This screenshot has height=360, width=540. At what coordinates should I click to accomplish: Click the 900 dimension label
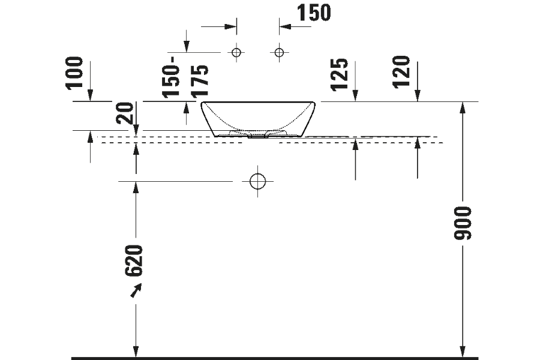(463, 223)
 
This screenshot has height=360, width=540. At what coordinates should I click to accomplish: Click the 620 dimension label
(134, 261)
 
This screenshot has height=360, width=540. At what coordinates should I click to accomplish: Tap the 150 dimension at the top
(314, 13)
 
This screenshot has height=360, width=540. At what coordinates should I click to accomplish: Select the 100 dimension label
(74, 73)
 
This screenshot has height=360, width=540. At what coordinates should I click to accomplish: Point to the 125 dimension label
(340, 74)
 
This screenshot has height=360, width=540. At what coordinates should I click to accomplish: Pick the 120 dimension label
(401, 71)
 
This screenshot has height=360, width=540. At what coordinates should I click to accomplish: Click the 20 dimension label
(125, 113)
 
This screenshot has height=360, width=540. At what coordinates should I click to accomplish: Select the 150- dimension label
(171, 77)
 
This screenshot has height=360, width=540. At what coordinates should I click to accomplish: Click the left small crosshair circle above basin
(236, 52)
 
